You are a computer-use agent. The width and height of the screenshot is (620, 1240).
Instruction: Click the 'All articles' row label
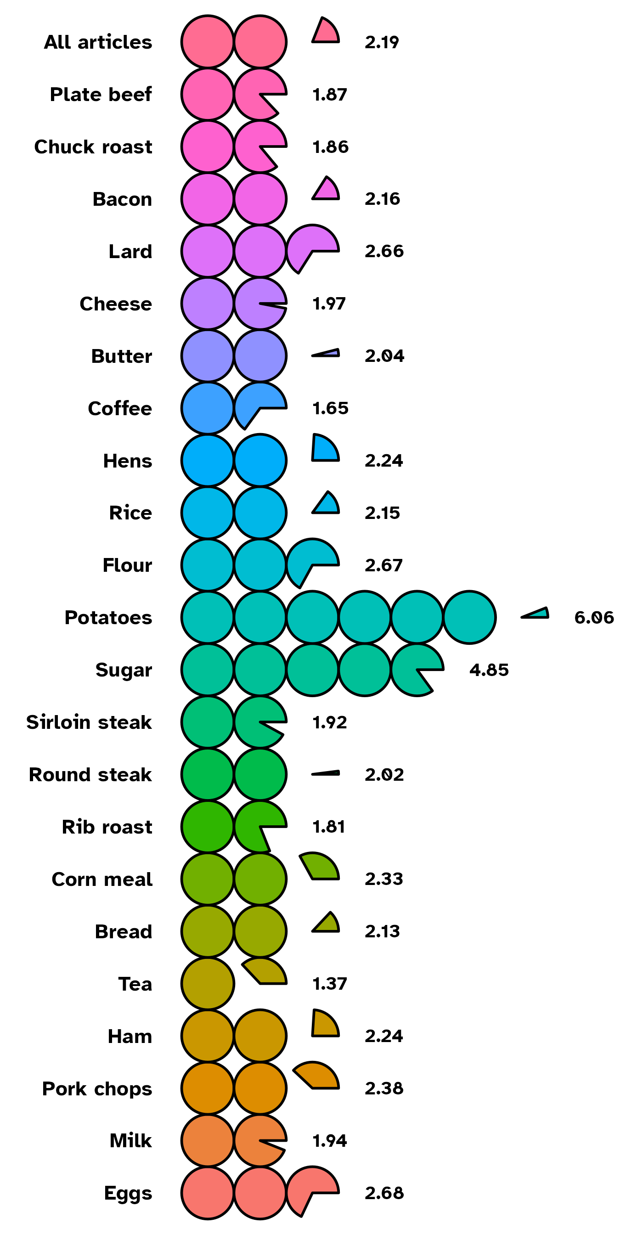click(98, 42)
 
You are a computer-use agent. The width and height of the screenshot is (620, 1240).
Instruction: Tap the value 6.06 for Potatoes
click(594, 618)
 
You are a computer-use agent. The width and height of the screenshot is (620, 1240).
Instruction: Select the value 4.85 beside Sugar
click(489, 670)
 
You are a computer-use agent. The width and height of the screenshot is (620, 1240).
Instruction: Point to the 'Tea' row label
click(135, 984)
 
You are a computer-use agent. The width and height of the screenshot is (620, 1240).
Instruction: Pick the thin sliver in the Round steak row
click(327, 773)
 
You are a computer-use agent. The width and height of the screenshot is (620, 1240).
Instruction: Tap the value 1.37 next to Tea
click(330, 984)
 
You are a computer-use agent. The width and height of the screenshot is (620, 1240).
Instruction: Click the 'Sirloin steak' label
click(89, 722)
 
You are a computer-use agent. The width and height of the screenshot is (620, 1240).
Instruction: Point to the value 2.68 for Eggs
click(384, 1193)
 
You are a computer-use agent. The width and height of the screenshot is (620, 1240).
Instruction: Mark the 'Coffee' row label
click(120, 409)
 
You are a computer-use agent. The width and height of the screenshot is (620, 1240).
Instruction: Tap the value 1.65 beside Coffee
click(330, 409)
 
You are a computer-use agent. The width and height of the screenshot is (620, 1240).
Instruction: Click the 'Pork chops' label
click(97, 1089)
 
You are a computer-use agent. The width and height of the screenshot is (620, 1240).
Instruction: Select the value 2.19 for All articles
click(382, 42)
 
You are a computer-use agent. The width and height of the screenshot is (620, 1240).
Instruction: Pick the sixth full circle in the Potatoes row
click(469, 618)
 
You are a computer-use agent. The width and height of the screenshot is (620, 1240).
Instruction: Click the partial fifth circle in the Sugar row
click(414, 669)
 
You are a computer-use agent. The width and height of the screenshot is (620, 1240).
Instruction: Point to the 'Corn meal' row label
click(102, 879)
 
